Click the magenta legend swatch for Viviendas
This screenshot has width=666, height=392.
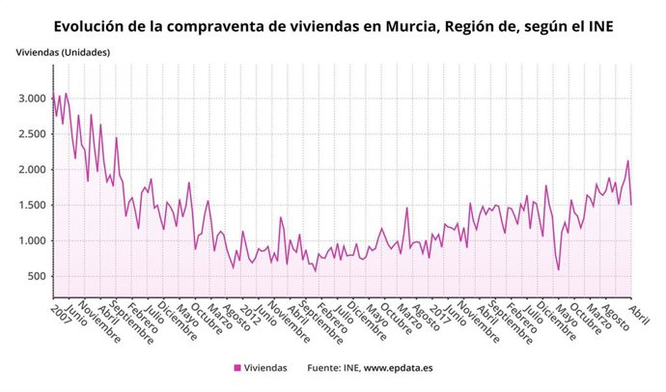(x=237, y=368)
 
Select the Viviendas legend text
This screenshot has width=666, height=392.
(x=265, y=368)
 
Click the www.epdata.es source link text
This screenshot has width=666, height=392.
(x=397, y=368)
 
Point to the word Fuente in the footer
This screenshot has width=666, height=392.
(x=326, y=368)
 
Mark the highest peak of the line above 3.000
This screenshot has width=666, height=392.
(x=66, y=94)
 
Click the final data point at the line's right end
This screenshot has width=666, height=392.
(x=631, y=205)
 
